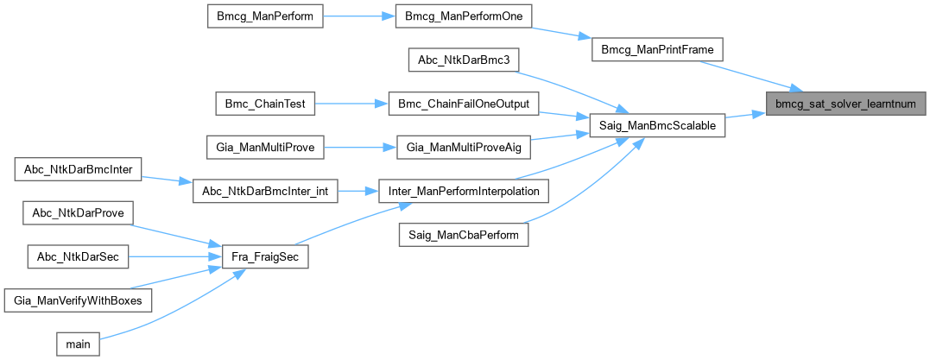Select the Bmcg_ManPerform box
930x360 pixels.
[265, 16]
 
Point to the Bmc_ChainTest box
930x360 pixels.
[264, 104]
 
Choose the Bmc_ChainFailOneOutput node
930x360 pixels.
[464, 104]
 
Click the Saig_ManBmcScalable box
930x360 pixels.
[657, 125]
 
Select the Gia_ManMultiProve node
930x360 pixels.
[265, 148]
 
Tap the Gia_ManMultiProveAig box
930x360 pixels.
[464, 148]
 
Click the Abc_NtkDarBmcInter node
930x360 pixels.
[78, 169]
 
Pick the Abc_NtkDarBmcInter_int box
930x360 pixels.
[265, 191]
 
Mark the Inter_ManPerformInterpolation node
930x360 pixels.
[464, 191]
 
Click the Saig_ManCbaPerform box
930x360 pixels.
[464, 235]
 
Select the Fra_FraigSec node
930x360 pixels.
[265, 256]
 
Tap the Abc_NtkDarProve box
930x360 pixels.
[78, 212]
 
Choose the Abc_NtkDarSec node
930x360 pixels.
[78, 256]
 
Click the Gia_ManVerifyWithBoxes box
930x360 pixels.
[78, 300]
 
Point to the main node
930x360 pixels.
[78, 344]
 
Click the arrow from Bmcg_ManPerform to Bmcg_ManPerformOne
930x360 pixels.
[358, 16]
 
